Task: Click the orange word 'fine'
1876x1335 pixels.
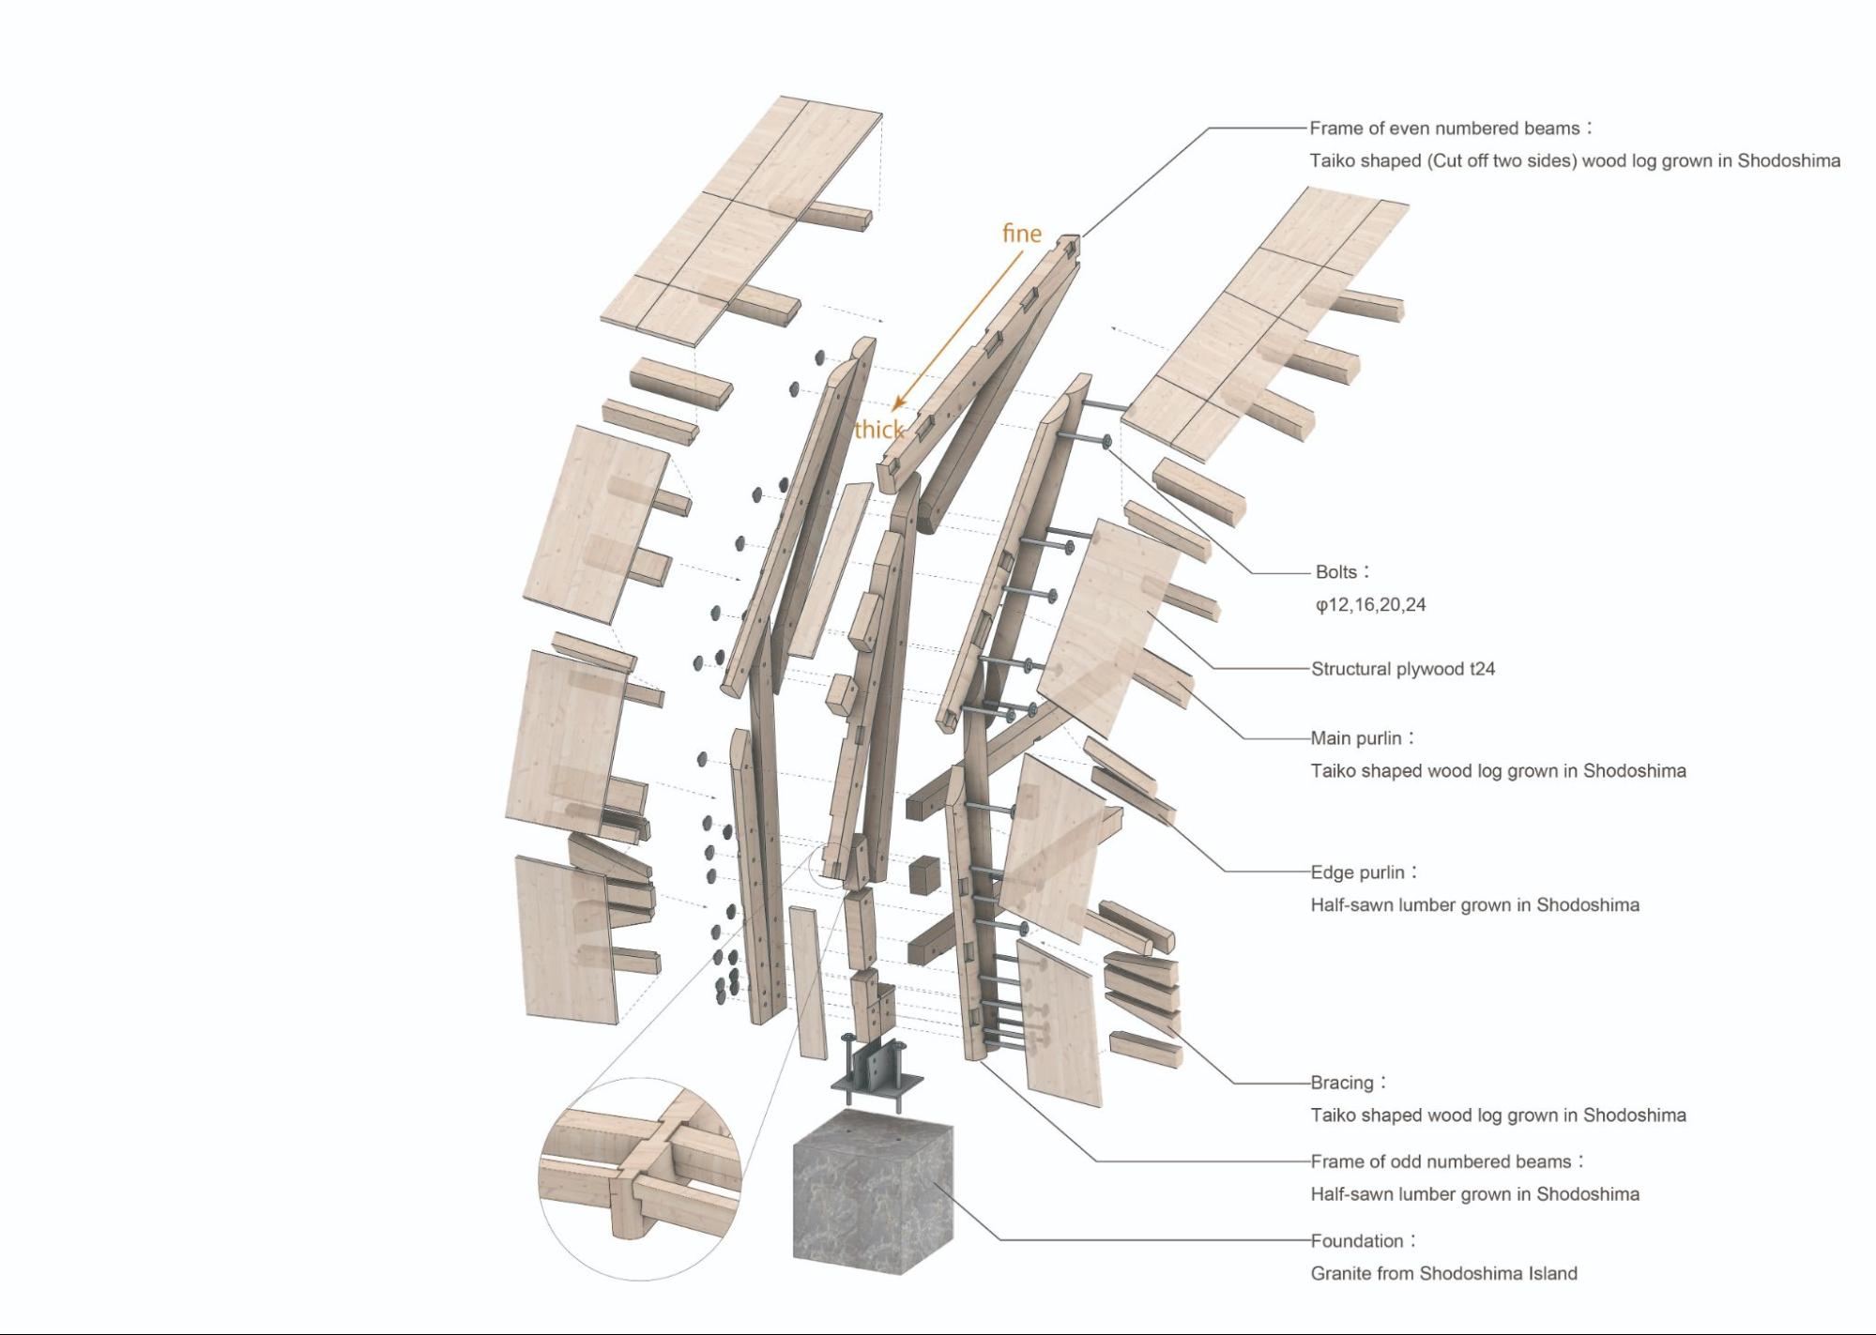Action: [1021, 233]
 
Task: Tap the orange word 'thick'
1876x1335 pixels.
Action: [878, 430]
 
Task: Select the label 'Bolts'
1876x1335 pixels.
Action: [1336, 571]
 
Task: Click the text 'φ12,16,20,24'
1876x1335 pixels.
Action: [1370, 605]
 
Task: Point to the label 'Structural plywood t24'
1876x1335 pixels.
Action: [1402, 669]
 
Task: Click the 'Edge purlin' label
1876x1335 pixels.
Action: [1358, 872]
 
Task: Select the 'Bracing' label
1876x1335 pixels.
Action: [1342, 1083]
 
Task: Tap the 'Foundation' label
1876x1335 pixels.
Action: [1357, 1241]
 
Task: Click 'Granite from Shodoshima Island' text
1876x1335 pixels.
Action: [1443, 1274]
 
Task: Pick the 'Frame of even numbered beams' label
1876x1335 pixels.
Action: [1444, 129]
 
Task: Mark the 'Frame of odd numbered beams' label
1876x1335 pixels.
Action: [1441, 1161]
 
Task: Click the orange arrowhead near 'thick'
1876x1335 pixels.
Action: [898, 403]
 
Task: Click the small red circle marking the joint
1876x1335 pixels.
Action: [831, 864]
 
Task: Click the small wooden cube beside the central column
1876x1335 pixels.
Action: [923, 874]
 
